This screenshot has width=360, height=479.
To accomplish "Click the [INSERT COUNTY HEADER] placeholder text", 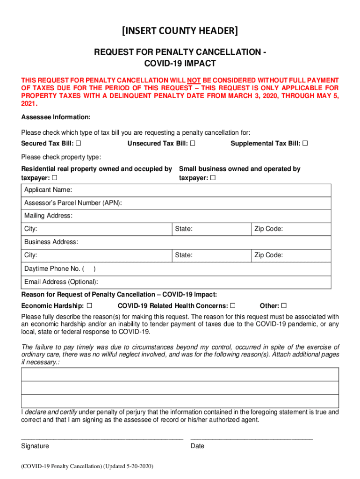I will pyautogui.click(x=180, y=31).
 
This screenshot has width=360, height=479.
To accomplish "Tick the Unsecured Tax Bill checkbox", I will pyautogui.click(x=193, y=143).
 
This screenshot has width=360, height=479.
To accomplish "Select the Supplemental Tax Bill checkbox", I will pyautogui.click(x=305, y=143).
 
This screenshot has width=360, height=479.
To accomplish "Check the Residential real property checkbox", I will pyautogui.click(x=55, y=178).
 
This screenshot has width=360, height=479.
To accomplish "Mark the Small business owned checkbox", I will pyautogui.click(x=213, y=178).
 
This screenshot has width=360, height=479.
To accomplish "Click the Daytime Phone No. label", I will pyautogui.click(x=52, y=269).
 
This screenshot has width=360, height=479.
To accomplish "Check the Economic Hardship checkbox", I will pyautogui.click(x=89, y=306).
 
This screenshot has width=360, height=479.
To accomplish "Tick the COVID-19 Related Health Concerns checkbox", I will pyautogui.click(x=232, y=306).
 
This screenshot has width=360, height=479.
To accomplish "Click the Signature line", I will pyautogui.click(x=102, y=438).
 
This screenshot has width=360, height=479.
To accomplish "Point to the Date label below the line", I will pyautogui.click(x=197, y=446).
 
